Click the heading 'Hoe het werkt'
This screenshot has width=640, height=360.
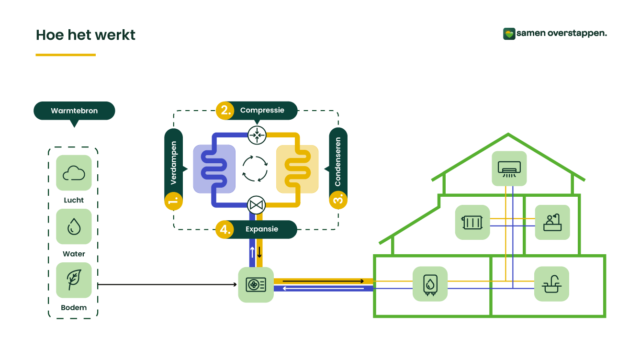point(86,35)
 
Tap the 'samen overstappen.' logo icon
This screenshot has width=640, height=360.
point(509,34)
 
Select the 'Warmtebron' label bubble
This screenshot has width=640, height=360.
point(74,111)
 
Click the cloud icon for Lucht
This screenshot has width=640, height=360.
point(74,173)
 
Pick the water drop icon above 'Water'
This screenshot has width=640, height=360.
point(74,226)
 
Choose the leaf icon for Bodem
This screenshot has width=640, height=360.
point(74,280)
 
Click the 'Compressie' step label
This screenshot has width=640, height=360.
point(262,110)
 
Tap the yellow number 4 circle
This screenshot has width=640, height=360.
point(224,229)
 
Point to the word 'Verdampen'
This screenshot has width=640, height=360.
point(174,163)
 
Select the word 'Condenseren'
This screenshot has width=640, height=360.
point(338,162)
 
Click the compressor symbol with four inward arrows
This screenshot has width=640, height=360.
point(257,135)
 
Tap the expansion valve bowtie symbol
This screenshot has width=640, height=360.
point(257,205)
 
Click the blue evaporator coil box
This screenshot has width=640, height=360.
point(214,169)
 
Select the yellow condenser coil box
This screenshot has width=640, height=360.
point(297,169)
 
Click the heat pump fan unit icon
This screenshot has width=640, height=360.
point(256,285)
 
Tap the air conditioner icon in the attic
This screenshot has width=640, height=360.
point(509,169)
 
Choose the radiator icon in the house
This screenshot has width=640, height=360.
point(472,223)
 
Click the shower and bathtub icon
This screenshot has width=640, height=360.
point(552,223)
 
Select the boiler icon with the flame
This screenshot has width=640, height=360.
point(430,284)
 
